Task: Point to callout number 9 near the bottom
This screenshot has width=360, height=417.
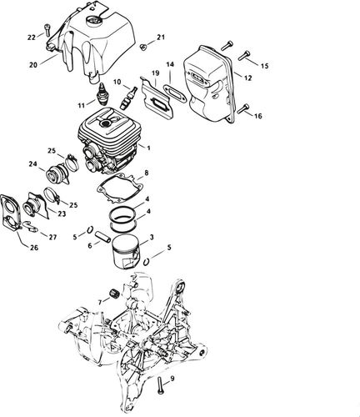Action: tap(172, 379)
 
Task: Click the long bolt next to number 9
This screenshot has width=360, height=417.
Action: tap(158, 386)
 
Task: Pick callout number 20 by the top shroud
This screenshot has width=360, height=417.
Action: tap(33, 63)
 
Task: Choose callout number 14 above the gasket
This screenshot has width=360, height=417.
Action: tap(169, 64)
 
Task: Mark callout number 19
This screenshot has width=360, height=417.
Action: tap(155, 74)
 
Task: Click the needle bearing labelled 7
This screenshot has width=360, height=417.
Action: tap(112, 297)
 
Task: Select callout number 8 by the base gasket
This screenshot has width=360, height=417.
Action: tap(146, 173)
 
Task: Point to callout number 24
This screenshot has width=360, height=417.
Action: tap(32, 163)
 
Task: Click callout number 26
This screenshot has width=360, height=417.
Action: tap(32, 247)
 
